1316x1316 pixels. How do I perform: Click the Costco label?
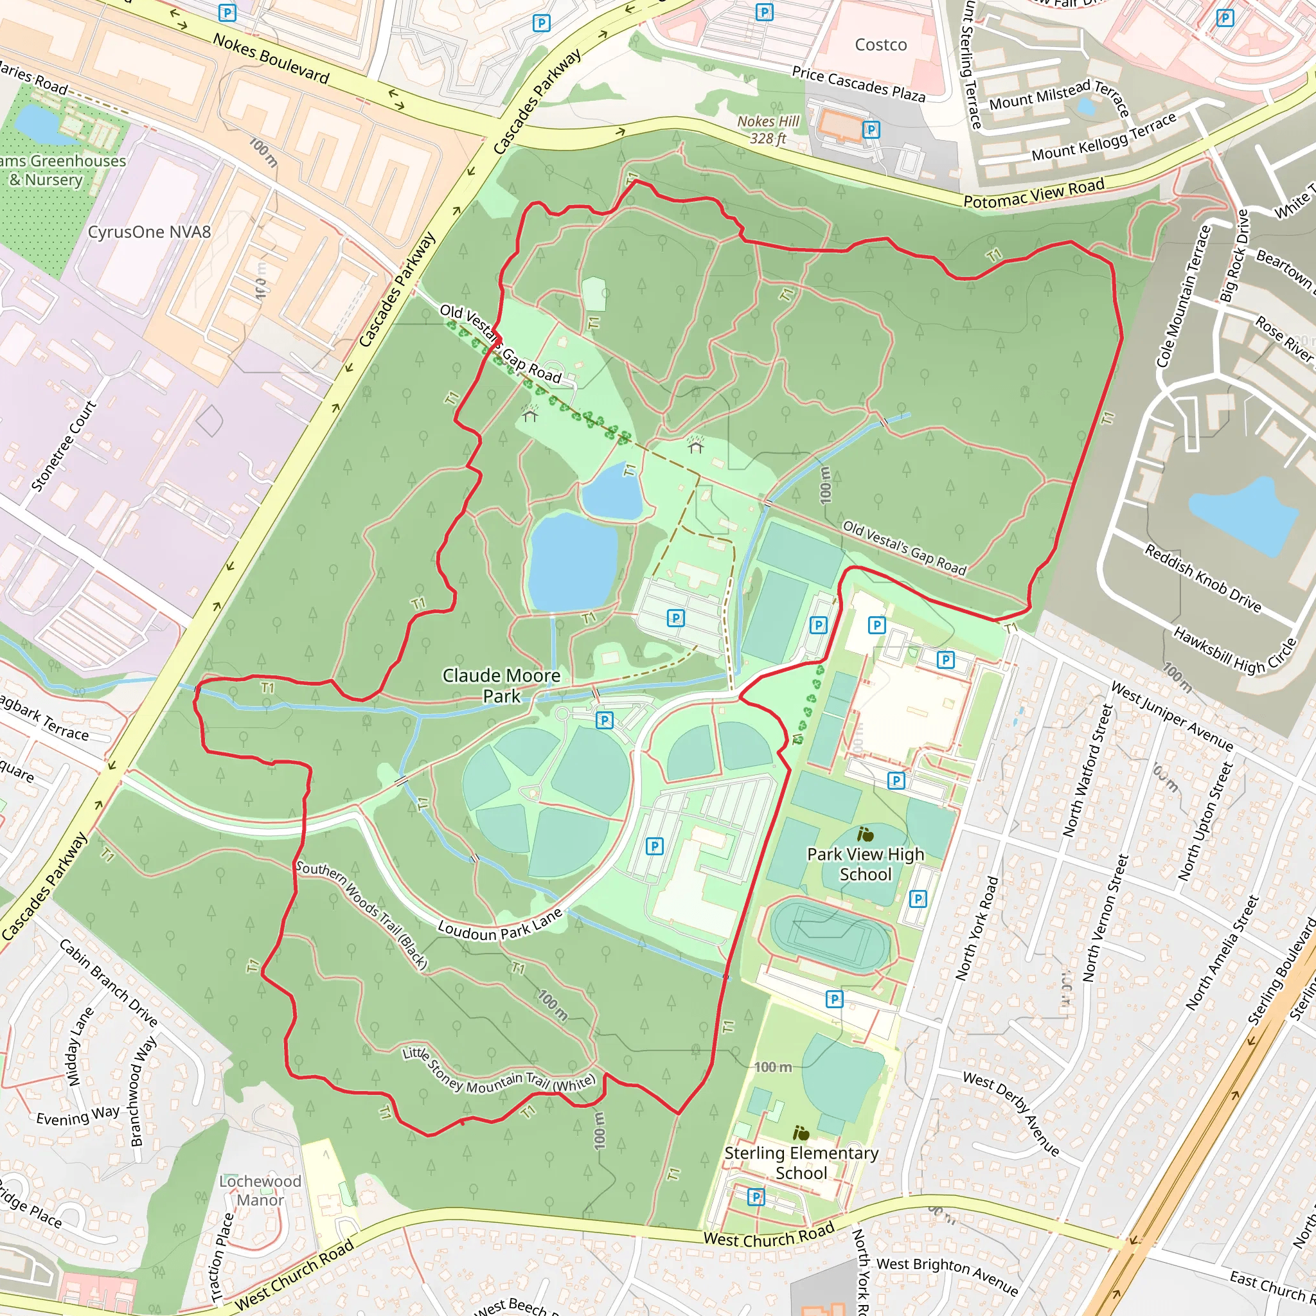[x=880, y=45]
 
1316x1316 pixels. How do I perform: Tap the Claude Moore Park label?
[x=501, y=685]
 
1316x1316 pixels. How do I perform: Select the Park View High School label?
[x=865, y=864]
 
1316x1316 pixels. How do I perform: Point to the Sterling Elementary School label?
[x=801, y=1162]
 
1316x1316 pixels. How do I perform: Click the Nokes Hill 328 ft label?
[x=769, y=129]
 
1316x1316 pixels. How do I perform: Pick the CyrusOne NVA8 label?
[x=149, y=232]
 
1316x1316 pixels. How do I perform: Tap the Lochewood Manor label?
[x=260, y=1190]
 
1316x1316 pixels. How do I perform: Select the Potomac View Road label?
[x=1033, y=193]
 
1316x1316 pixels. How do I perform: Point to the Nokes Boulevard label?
[x=271, y=58]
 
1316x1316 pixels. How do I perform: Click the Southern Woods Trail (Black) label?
[x=362, y=915]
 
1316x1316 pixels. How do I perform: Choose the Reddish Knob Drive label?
[x=1202, y=578]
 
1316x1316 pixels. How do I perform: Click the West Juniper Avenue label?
[x=1171, y=716]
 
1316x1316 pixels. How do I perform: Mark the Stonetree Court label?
[x=64, y=446]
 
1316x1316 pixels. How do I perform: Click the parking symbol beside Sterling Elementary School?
[x=756, y=1196]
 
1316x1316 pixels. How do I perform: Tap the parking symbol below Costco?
[x=871, y=129]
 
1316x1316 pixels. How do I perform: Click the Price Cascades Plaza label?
[x=858, y=84]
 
